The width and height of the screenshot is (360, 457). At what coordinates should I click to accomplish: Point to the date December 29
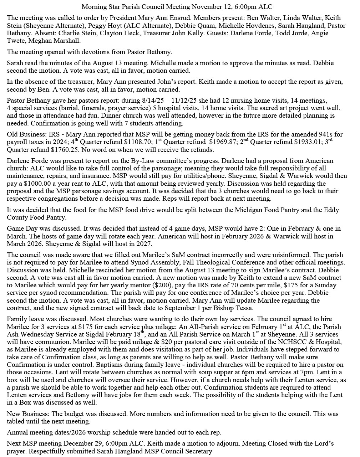84,444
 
